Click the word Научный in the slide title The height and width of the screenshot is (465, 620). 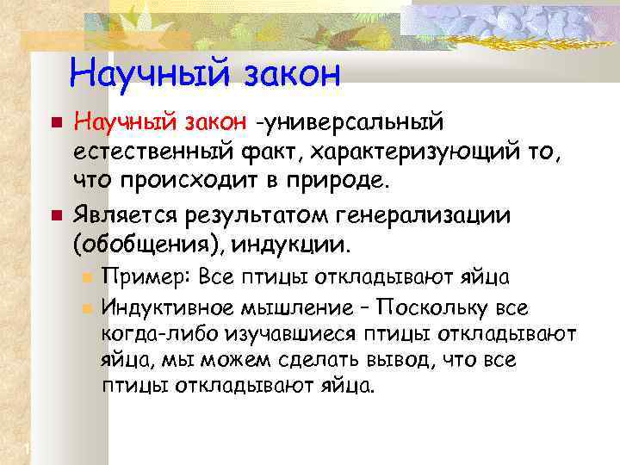coord(136,72)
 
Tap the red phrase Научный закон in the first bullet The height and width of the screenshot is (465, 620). coord(160,126)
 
